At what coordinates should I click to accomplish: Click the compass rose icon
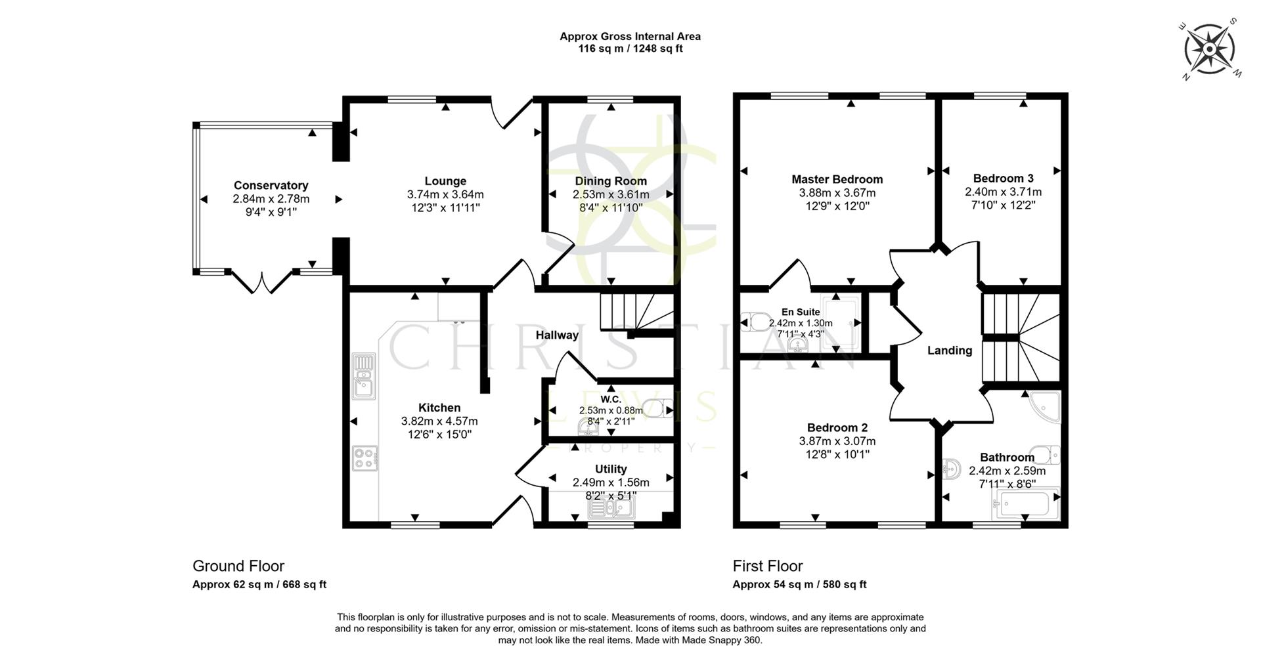1209,49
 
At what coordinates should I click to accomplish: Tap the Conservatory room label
271,186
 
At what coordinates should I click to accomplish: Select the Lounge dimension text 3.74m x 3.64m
445,195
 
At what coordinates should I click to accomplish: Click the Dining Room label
611,181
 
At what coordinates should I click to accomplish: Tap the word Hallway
557,335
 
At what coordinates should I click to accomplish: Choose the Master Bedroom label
837,179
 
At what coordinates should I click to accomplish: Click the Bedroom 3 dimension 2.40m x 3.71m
1003,192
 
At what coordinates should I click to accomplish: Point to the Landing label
949,351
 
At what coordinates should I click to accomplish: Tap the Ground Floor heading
238,566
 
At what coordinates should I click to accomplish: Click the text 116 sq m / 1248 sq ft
630,49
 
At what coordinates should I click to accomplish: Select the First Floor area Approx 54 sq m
799,584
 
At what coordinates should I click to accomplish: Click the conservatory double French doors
262,282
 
